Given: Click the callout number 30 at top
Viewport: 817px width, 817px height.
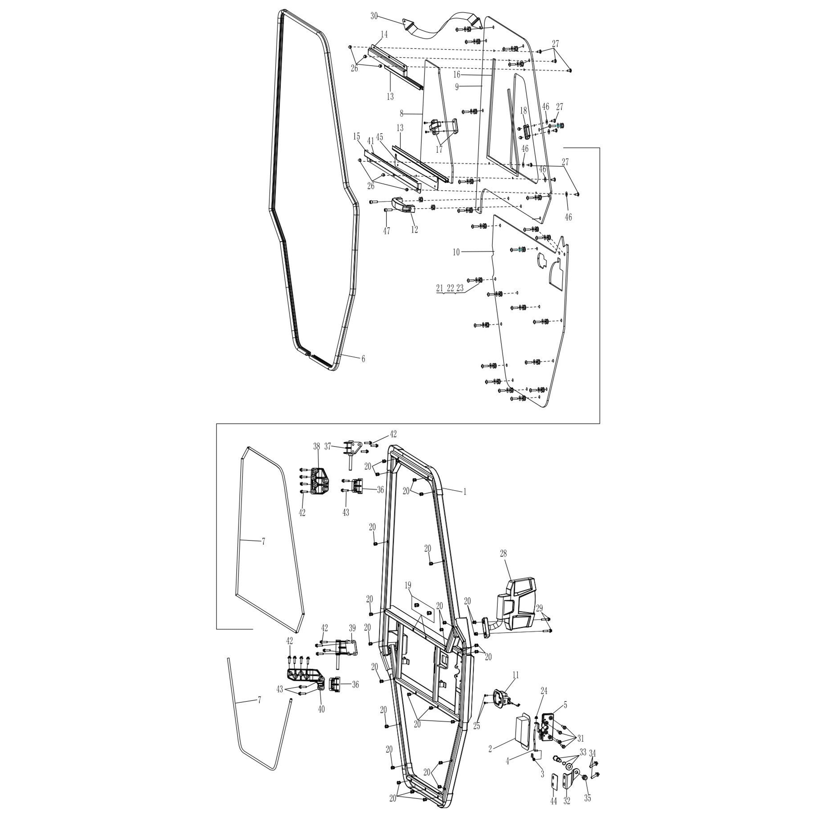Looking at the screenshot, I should point(374,16).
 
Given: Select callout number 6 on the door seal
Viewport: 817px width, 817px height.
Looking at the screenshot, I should point(363,359).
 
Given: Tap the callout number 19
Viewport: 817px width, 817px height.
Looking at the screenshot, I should point(408,585).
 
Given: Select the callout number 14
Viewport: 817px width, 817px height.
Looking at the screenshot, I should point(384,34).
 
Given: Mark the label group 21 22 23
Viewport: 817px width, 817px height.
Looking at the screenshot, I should point(450,288).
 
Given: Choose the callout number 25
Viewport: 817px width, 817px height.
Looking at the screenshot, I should point(477,726).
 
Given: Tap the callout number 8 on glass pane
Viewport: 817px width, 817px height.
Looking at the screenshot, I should point(402,113).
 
